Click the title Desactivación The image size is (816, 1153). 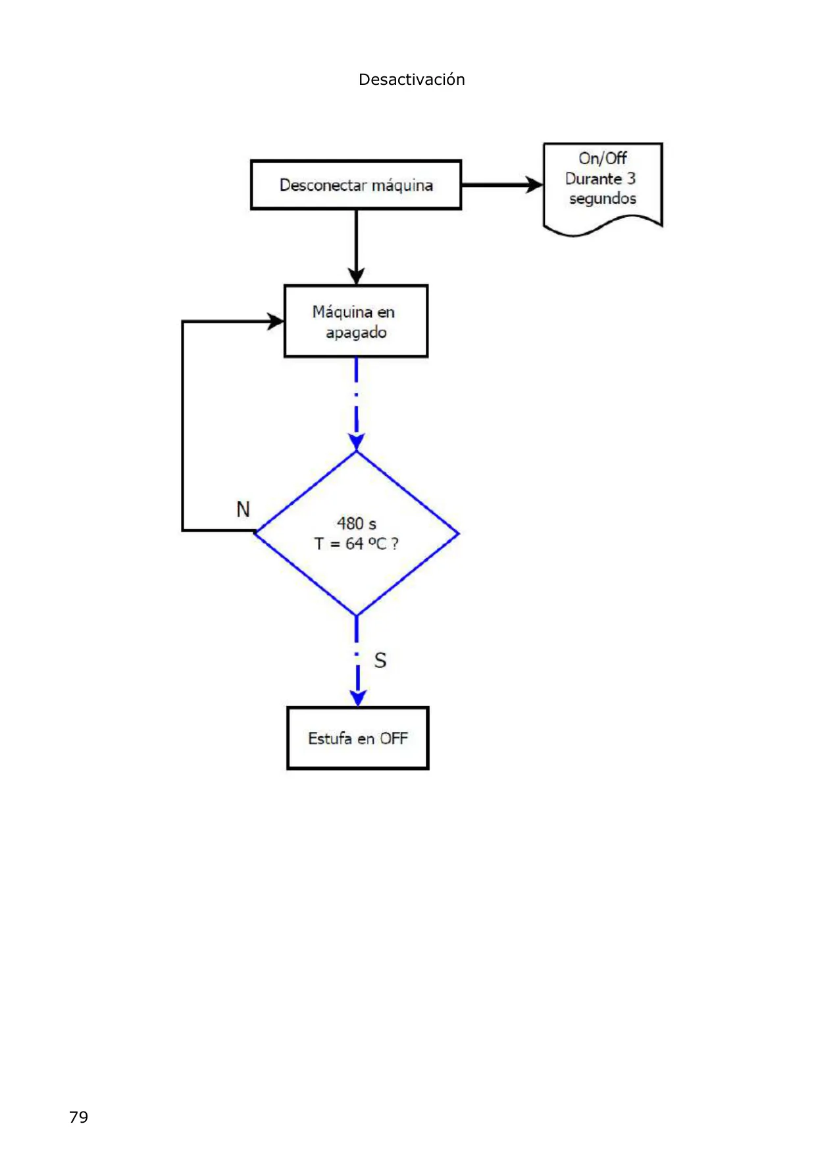(x=411, y=80)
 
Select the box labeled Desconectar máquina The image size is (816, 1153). (x=356, y=185)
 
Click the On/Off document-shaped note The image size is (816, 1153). (x=603, y=188)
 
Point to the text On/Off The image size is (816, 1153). (x=603, y=158)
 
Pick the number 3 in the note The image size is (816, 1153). (x=631, y=178)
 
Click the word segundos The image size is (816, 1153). (x=603, y=199)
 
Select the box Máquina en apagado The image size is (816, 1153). (x=356, y=321)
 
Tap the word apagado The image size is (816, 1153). (x=356, y=332)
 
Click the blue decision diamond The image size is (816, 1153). (x=356, y=534)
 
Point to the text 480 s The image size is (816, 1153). (x=357, y=523)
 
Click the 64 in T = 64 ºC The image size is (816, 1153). (x=354, y=544)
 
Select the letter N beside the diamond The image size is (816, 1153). (x=243, y=509)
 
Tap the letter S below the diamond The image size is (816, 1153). (x=380, y=660)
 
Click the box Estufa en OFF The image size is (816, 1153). (x=358, y=738)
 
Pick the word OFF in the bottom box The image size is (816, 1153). (x=394, y=738)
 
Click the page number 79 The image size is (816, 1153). (x=78, y=1117)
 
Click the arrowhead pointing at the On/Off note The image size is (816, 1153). (x=534, y=185)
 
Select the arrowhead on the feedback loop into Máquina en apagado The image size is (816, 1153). (x=275, y=321)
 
